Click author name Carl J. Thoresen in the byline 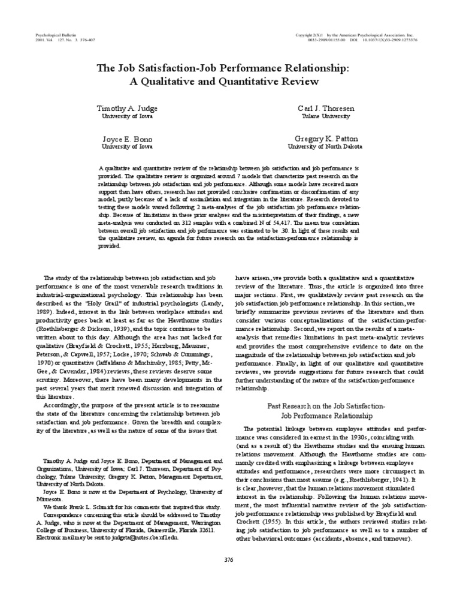(326, 109)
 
